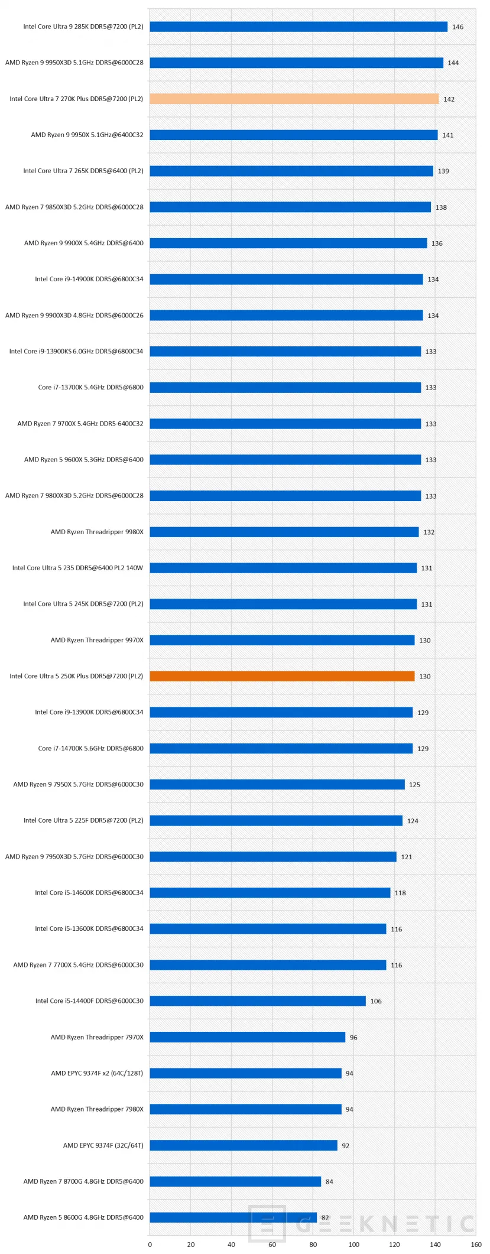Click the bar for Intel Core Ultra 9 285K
[x=298, y=27]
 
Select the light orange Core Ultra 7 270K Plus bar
[x=294, y=99]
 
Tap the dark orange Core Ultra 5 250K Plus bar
[x=282, y=676]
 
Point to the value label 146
[x=457, y=27]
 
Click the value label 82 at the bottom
[x=325, y=1217]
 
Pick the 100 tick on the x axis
[x=353, y=1244]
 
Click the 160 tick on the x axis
[x=475, y=1244]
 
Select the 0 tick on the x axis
[x=150, y=1244]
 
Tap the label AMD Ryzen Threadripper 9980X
[x=97, y=532]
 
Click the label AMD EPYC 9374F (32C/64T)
[x=103, y=1145]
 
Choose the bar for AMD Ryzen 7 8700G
[x=235, y=1181]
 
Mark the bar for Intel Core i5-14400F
[x=258, y=1000]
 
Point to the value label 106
[x=376, y=1001]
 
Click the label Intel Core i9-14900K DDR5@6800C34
[x=89, y=279]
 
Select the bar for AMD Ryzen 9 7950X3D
[x=273, y=856]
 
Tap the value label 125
[x=414, y=785]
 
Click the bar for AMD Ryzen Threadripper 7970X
[x=247, y=1037]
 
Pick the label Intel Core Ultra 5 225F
[x=83, y=820]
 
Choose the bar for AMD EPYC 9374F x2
[x=245, y=1073]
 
